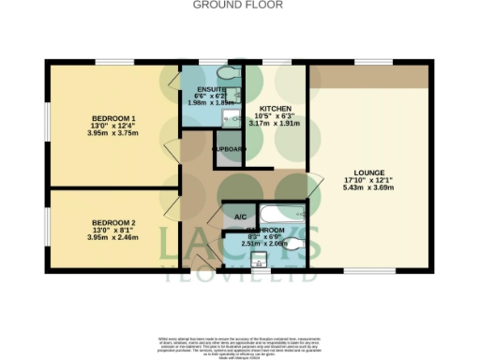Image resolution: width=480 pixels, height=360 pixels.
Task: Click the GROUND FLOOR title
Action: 239,5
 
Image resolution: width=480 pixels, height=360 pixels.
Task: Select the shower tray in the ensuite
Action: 194,72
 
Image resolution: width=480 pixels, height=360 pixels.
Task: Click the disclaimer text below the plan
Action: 239,343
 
